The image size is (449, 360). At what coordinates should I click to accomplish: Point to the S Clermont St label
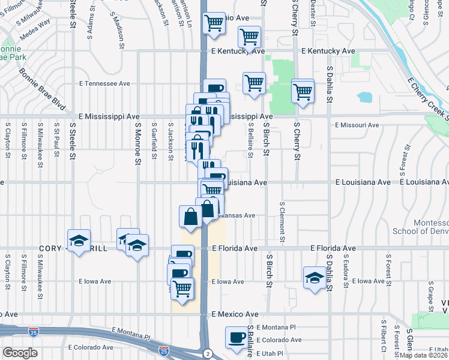point(282,222)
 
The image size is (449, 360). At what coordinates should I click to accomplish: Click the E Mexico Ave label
point(235,314)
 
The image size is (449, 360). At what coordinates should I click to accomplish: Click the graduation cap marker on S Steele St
point(78,241)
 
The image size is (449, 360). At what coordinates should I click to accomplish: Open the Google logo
point(20,353)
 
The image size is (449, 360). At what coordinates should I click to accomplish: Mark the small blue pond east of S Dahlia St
point(365,97)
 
